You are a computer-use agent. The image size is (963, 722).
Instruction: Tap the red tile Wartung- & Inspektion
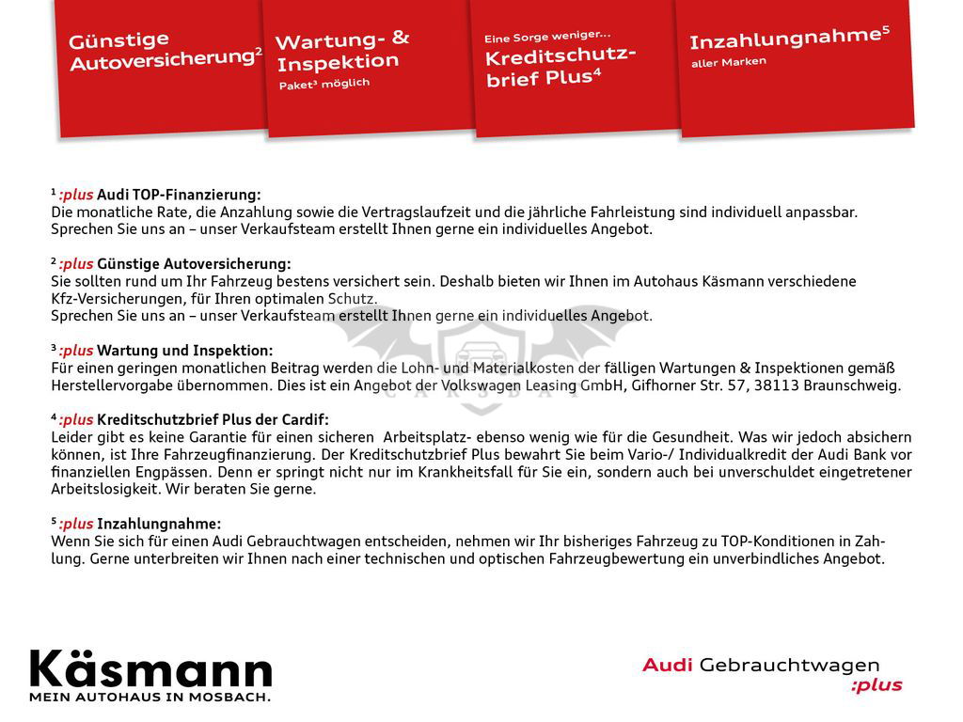pyautogui.click(x=367, y=66)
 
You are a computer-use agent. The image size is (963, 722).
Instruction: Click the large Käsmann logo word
pyautogui.click(x=151, y=669)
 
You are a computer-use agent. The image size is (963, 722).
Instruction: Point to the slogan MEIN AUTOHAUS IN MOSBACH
pyautogui.click(x=150, y=698)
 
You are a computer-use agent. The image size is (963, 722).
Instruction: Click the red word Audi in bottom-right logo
pyautogui.click(x=667, y=666)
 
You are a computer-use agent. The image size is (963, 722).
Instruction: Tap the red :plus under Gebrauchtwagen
pyautogui.click(x=876, y=685)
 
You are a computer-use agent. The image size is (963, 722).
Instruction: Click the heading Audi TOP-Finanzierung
pyautogui.click(x=179, y=195)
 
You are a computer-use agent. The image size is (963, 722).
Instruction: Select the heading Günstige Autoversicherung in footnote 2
pyautogui.click(x=194, y=264)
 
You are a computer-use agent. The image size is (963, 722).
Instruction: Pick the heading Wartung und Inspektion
pyautogui.click(x=184, y=351)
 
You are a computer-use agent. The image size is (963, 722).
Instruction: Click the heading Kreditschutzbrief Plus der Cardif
pyautogui.click(x=213, y=419)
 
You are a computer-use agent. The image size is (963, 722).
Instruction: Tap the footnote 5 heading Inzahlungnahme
pyautogui.click(x=159, y=524)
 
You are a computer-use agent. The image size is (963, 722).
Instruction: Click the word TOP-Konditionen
pyautogui.click(x=777, y=541)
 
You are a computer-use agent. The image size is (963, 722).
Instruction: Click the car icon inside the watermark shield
pyautogui.click(x=481, y=357)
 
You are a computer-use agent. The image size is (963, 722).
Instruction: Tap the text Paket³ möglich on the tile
pyautogui.click(x=324, y=84)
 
